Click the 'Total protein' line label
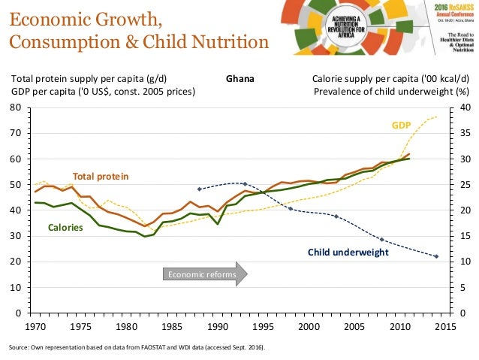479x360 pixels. (101, 176)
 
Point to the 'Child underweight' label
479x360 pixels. (348, 253)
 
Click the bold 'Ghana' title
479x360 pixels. (239, 78)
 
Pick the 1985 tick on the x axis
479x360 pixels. (172, 327)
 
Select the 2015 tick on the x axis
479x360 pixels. (446, 327)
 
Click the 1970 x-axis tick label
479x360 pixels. (35, 327)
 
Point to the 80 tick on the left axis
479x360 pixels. (15, 107)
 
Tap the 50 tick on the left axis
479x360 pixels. (15, 185)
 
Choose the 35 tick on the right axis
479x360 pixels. (464, 133)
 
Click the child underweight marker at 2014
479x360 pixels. (436, 256)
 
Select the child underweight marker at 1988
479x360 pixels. (199, 189)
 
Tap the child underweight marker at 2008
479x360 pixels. (382, 240)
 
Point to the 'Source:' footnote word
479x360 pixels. (20, 348)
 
